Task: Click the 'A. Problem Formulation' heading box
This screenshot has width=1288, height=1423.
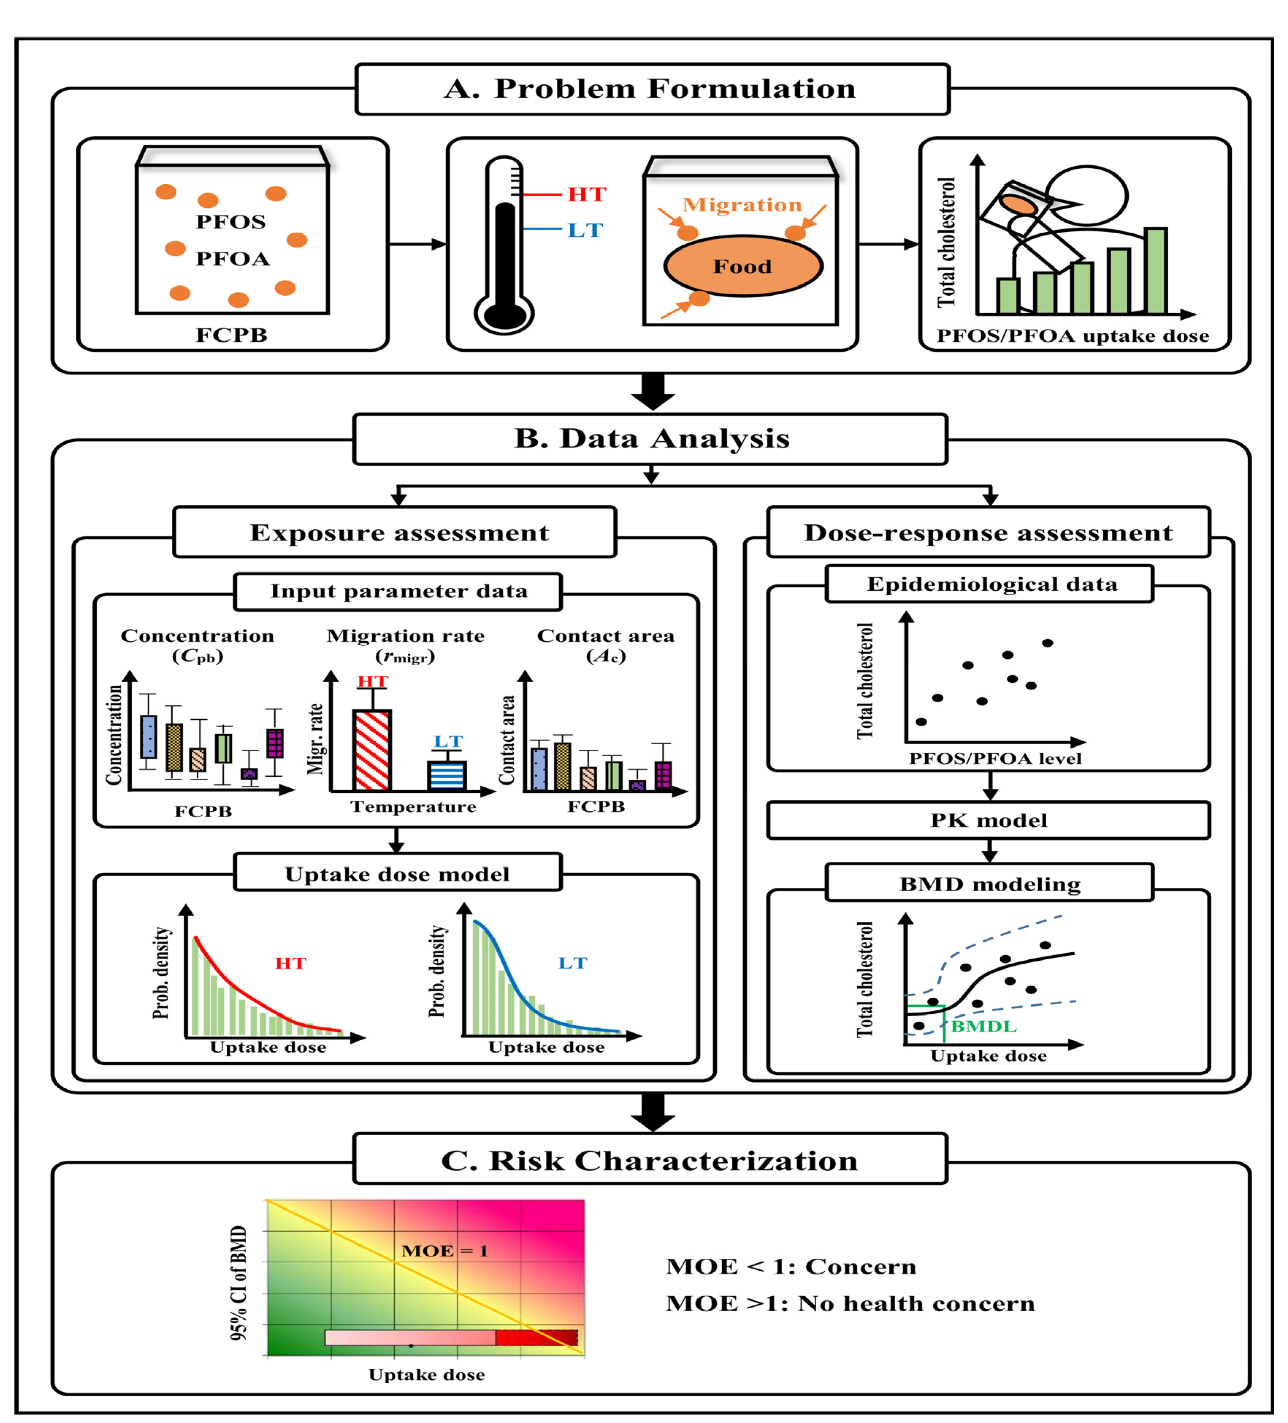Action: click(652, 89)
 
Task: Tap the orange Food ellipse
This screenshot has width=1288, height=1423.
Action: click(743, 266)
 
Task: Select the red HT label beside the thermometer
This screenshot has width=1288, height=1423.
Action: click(586, 194)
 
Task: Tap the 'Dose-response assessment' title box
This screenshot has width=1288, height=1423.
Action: click(988, 532)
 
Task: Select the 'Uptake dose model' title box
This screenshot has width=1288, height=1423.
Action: click(397, 874)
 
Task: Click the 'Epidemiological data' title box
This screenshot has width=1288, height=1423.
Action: click(989, 584)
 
